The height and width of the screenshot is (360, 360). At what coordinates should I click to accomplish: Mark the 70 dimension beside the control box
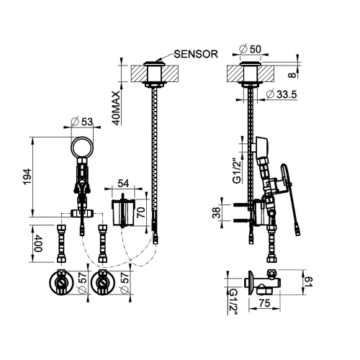pyautogui.click(x=142, y=212)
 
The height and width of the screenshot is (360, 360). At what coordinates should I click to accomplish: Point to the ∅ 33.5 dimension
pyautogui.click(x=282, y=94)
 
